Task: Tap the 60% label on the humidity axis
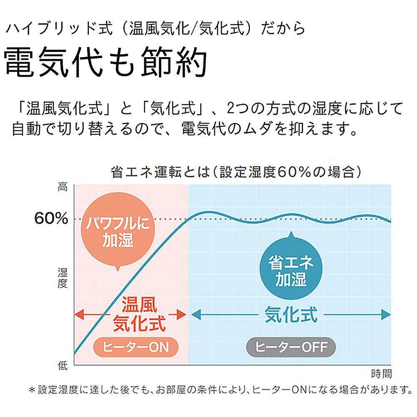(51, 219)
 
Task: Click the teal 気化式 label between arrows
(291, 314)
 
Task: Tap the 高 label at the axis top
(62, 188)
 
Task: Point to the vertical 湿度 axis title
(62, 279)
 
